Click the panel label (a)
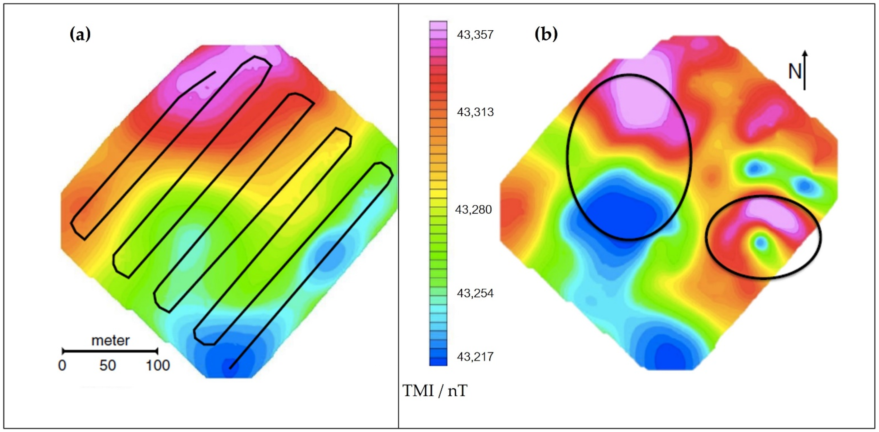(80, 34)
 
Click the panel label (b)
(546, 34)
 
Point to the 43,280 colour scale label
(474, 209)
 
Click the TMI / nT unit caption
(435, 391)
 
